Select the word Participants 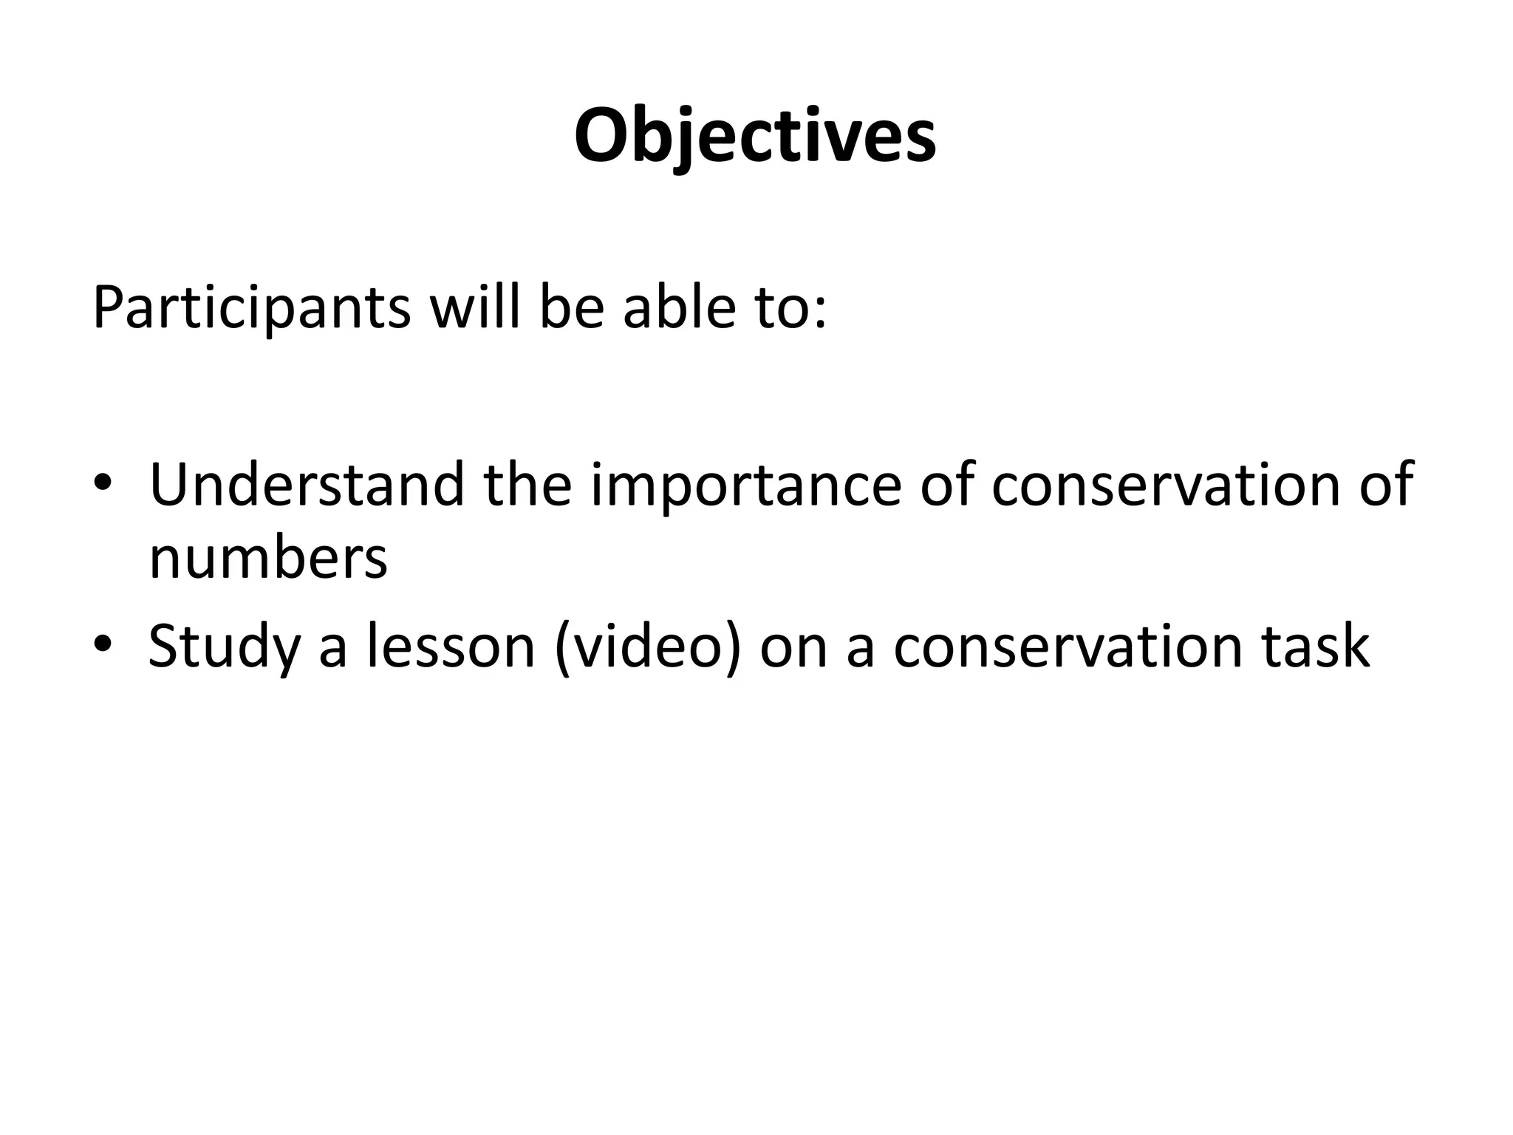point(251,307)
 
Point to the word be point(572,306)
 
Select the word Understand point(307,485)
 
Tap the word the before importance point(527,485)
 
